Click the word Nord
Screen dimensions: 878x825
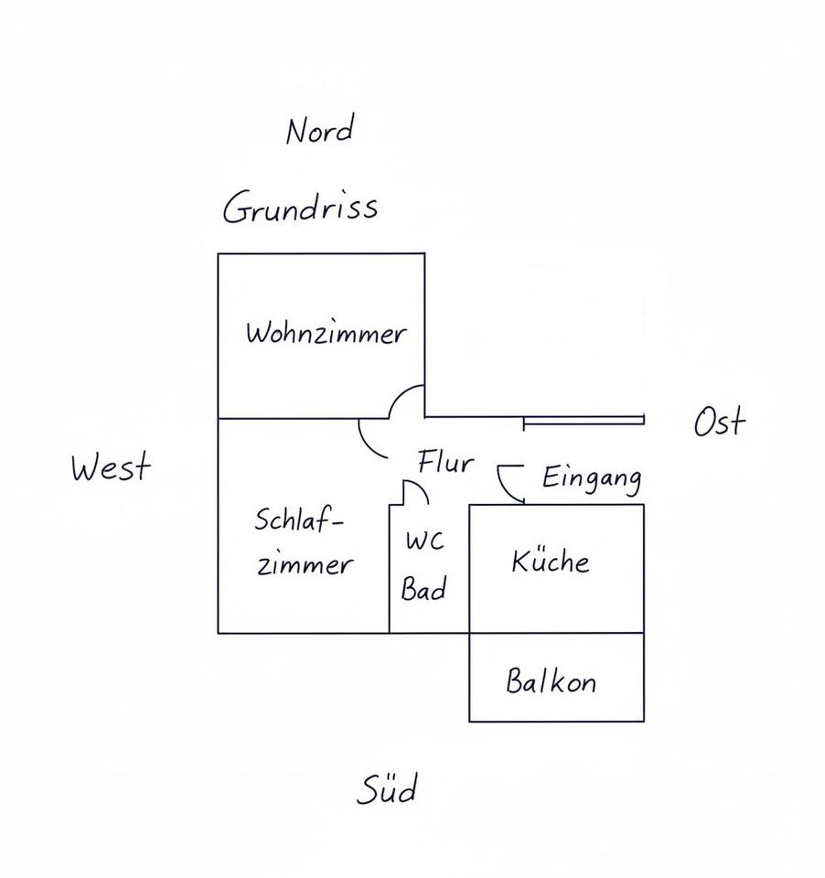coord(319,131)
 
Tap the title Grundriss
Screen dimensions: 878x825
coord(300,208)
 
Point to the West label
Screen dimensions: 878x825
coord(111,467)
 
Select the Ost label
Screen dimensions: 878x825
coord(719,423)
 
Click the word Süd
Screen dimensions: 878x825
coord(387,788)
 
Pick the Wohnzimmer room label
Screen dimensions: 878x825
coord(325,333)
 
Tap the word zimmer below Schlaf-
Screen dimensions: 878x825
coord(304,564)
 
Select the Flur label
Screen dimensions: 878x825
coord(445,462)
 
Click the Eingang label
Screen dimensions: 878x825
coord(591,477)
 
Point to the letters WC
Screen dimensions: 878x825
coord(424,541)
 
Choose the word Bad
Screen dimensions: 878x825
coord(424,590)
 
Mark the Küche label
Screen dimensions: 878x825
coord(550,561)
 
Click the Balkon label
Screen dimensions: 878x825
coord(551,681)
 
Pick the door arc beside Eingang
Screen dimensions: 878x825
coord(505,487)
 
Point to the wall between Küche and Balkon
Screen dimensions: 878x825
coord(556,633)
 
